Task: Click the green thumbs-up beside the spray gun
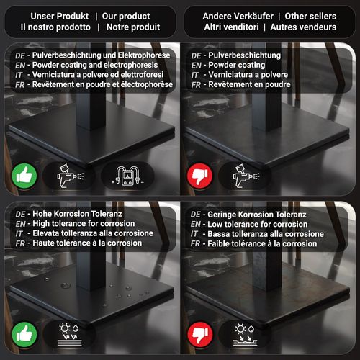coord(24,176)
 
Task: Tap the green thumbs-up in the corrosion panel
coord(24,334)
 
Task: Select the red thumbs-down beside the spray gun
coord(199,176)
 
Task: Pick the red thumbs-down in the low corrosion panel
coord(200,335)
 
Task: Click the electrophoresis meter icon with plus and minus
coord(127,176)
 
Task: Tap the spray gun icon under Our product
coord(70,176)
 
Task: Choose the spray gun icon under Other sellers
coord(246,176)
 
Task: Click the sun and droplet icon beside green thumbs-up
coord(70,335)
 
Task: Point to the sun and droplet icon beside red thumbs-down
coord(245,335)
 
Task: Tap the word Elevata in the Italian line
coord(45,233)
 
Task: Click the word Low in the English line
coord(214,224)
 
